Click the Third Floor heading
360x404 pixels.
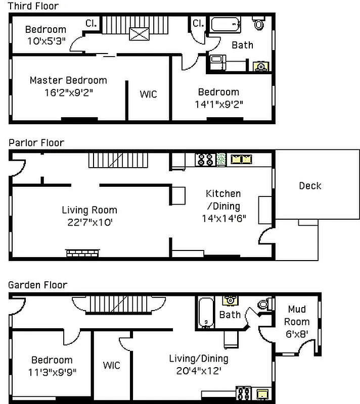(x=33, y=6)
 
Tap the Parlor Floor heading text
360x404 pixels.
(x=36, y=142)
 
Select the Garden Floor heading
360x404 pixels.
(x=37, y=285)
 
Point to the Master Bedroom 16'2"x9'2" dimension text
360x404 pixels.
(x=68, y=92)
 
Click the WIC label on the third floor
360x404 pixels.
(x=148, y=94)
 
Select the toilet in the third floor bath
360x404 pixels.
(x=259, y=23)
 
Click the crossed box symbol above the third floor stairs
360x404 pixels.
(x=138, y=34)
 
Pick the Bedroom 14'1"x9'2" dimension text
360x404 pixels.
(x=218, y=105)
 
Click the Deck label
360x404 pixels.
(x=310, y=185)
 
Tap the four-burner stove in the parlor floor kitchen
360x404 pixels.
(x=205, y=160)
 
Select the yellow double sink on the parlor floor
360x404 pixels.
(x=242, y=160)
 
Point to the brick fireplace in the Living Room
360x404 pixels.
(x=83, y=253)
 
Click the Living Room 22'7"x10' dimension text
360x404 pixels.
(x=89, y=222)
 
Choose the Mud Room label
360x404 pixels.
(x=297, y=321)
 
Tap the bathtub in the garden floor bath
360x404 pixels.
(x=205, y=314)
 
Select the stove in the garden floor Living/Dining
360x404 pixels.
(x=242, y=392)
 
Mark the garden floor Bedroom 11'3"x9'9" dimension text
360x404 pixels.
(x=52, y=372)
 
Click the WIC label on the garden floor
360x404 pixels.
(x=111, y=364)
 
